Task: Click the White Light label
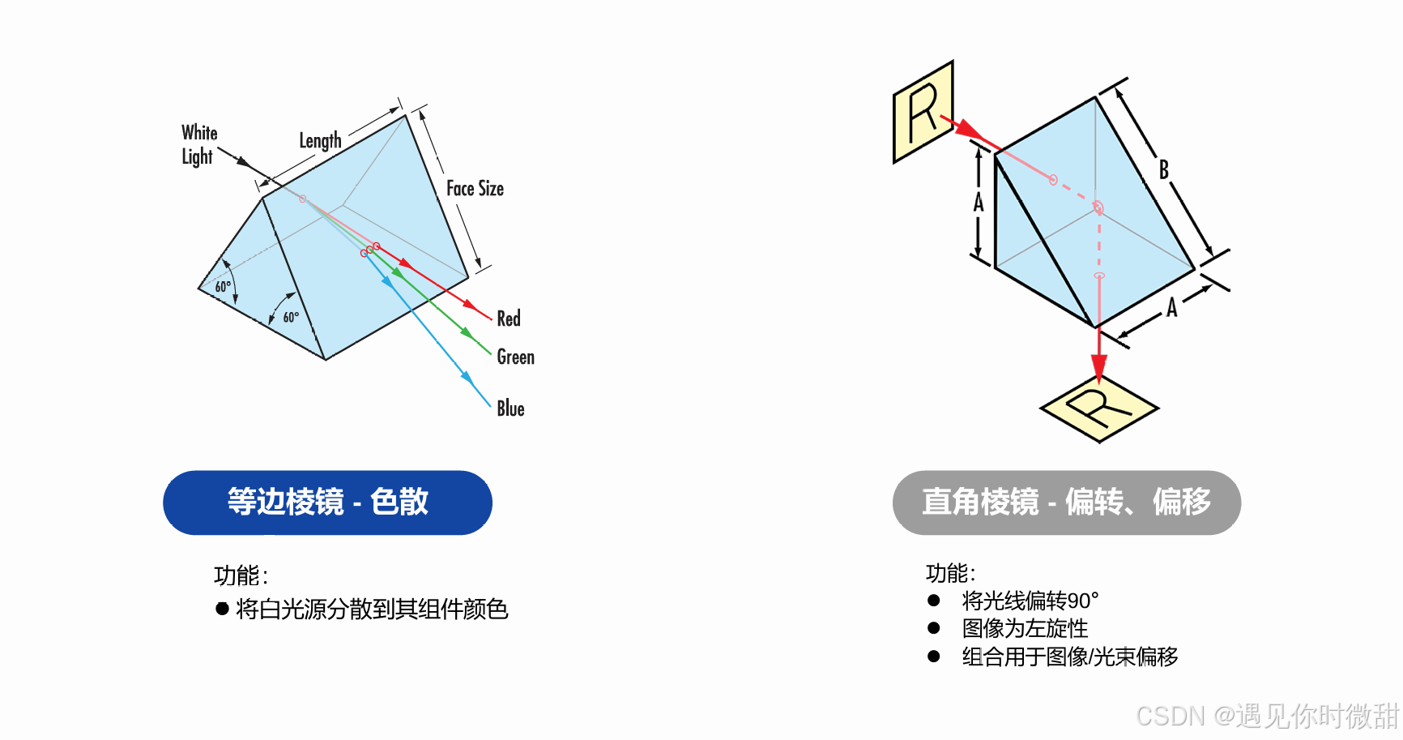pyautogui.click(x=199, y=144)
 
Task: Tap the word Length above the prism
pyautogui.click(x=320, y=140)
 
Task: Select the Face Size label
pyautogui.click(x=475, y=189)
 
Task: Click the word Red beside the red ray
pyautogui.click(x=509, y=319)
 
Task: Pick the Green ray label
pyautogui.click(x=515, y=357)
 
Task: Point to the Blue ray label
pyautogui.click(x=510, y=408)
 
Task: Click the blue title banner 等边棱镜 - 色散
pyautogui.click(x=327, y=503)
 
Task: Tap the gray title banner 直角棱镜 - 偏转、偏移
pyautogui.click(x=1066, y=503)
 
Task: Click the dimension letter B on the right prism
pyautogui.click(x=1164, y=169)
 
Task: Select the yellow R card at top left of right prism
pyautogui.click(x=923, y=112)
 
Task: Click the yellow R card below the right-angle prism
pyautogui.click(x=1098, y=408)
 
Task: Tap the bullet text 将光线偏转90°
pyautogui.click(x=1030, y=601)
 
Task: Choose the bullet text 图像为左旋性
pyautogui.click(x=1025, y=628)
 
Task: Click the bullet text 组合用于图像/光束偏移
pyautogui.click(x=1069, y=657)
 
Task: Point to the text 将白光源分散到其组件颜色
pyautogui.click(x=372, y=609)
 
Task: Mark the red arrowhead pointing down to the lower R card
pyautogui.click(x=1098, y=369)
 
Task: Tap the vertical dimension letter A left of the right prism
pyautogui.click(x=979, y=202)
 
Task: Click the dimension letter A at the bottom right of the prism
pyautogui.click(x=1171, y=308)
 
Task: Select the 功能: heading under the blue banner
pyautogui.click(x=241, y=575)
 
